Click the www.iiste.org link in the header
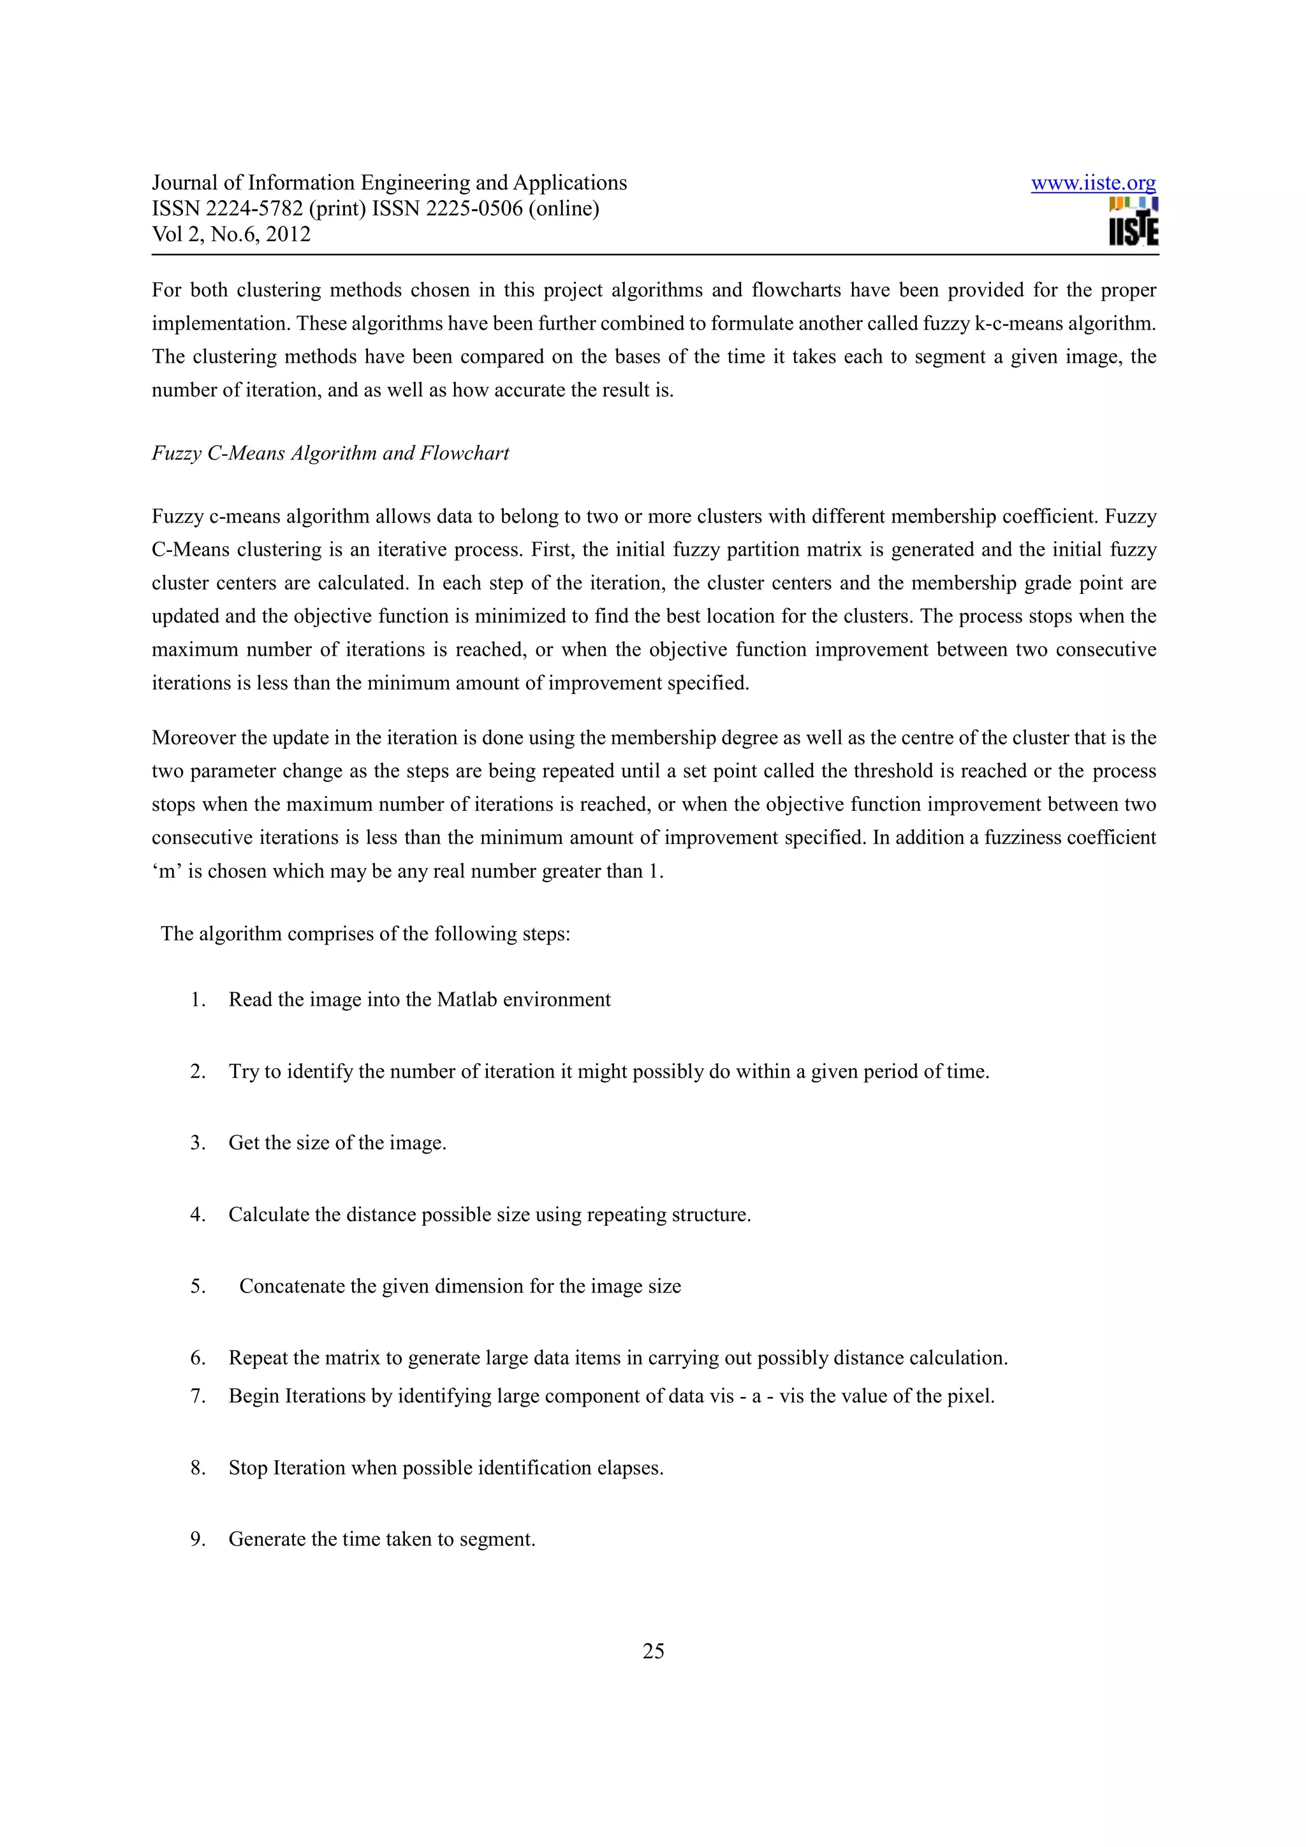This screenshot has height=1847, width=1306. [1093, 184]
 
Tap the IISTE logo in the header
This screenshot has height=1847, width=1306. [1133, 222]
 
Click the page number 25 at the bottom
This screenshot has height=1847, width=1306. [652, 1651]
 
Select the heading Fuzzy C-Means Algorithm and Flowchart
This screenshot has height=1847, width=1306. [330, 453]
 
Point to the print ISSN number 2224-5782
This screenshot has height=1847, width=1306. [254, 208]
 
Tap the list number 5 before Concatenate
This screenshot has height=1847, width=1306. [197, 1286]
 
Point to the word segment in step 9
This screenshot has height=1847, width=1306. [497, 1539]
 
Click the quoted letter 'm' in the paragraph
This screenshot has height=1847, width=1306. [167, 871]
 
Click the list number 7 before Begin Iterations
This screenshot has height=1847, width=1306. [197, 1396]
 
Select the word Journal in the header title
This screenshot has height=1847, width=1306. [185, 184]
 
